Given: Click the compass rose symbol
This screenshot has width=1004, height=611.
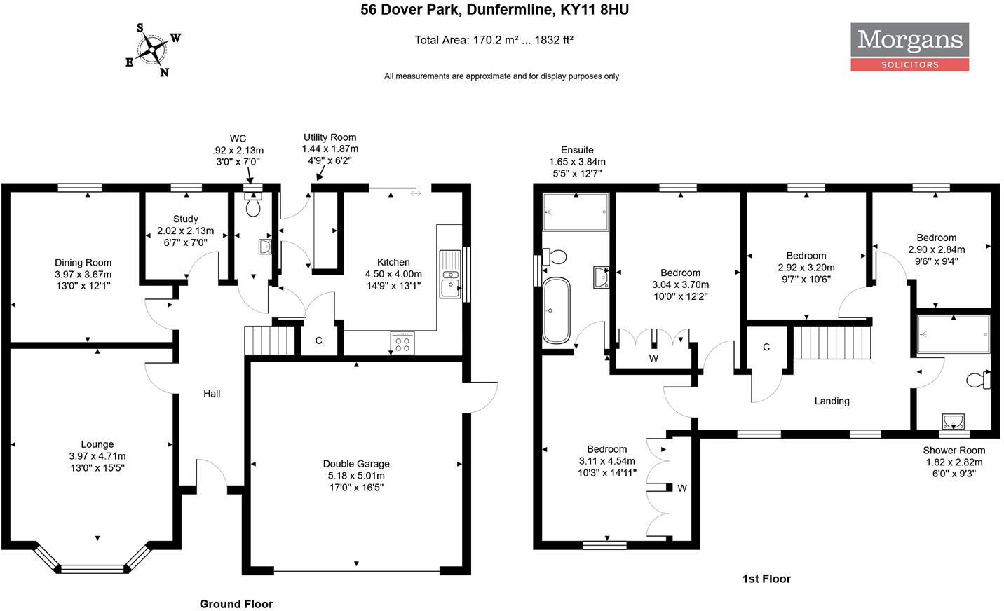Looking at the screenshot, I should click(152, 50).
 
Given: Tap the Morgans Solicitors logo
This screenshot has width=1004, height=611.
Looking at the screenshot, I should click(909, 46).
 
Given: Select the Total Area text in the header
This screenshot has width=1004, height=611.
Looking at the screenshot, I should click(494, 40).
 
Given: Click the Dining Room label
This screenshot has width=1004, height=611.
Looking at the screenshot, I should click(83, 274).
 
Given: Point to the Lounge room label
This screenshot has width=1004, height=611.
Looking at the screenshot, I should click(97, 455).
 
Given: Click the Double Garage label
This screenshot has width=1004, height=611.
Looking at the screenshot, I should click(356, 475).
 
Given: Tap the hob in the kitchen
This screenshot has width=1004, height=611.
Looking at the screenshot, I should click(402, 343).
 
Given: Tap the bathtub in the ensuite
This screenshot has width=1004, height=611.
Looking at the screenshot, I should click(557, 310).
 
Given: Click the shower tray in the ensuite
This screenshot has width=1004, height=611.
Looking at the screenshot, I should click(576, 212).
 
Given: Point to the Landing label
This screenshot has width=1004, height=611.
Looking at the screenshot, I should click(832, 401).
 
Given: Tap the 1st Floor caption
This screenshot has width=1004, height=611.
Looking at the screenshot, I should click(766, 579).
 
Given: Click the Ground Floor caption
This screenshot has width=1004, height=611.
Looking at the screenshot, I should click(236, 604).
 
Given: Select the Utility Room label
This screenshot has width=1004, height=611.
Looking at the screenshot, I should click(330, 149).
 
